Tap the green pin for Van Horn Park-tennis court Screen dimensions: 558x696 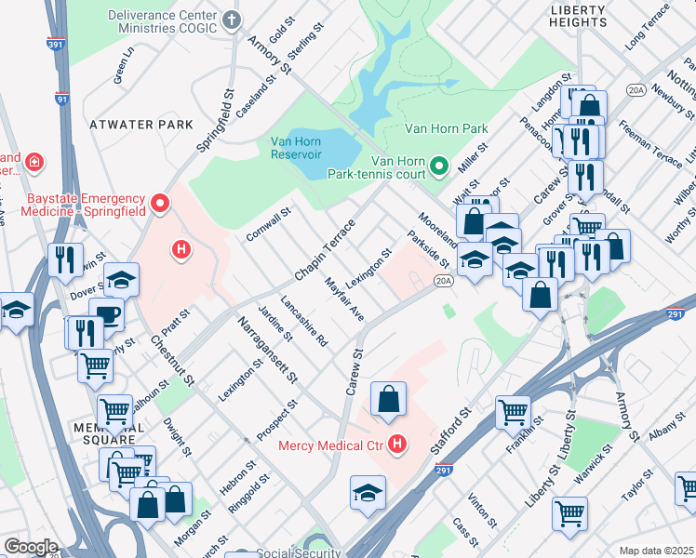click(439, 166)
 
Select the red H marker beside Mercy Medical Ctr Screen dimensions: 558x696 click(398, 445)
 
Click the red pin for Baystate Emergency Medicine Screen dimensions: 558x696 click(160, 202)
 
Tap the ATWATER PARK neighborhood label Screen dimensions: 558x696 click(141, 124)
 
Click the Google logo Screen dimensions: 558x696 click(31, 547)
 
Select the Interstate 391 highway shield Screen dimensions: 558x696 click(55, 43)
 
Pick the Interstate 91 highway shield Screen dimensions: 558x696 click(61, 97)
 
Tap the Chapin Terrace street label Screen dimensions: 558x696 click(325, 249)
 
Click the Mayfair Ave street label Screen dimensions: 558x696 click(343, 299)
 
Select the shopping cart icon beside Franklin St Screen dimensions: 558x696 click(513, 412)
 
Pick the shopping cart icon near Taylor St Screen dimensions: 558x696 click(569, 512)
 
